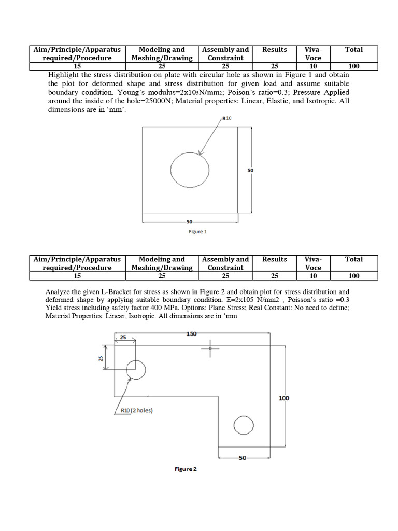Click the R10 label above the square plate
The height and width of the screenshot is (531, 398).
(x=227, y=118)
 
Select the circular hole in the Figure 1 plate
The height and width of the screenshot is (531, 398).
(x=190, y=170)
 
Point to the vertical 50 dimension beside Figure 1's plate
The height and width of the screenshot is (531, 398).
(x=250, y=170)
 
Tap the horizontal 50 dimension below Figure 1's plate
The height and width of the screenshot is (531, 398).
(x=190, y=222)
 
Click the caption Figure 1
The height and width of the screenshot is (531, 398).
(x=197, y=232)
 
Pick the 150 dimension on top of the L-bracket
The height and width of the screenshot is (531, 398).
(x=192, y=334)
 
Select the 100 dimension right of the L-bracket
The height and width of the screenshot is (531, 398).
(x=284, y=398)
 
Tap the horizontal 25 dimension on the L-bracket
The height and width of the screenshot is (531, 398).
(x=123, y=338)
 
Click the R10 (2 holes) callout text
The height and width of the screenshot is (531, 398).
(x=136, y=411)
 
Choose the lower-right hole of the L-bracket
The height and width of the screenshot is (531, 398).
(x=244, y=426)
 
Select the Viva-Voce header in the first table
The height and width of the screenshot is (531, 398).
(x=313, y=54)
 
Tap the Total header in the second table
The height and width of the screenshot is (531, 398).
(x=354, y=259)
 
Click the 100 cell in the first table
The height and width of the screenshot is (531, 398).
(x=354, y=66)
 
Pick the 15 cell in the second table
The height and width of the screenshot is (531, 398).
(x=77, y=276)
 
